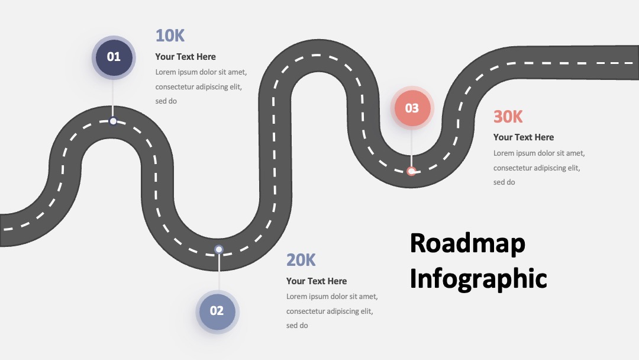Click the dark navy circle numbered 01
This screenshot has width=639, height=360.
114,57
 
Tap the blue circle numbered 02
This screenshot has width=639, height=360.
217,311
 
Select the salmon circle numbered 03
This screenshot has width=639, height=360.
412,108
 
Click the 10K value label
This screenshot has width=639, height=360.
170,36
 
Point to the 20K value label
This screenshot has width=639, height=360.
301,260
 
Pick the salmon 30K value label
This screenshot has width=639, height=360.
508,117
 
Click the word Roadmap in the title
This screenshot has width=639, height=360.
467,243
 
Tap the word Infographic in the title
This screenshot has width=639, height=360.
478,279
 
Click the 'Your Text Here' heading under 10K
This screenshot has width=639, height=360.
185,57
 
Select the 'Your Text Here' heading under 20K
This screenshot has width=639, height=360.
316,281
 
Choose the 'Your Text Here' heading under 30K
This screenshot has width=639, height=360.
523,137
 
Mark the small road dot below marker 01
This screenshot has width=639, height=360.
113,121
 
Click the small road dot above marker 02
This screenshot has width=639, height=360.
219,249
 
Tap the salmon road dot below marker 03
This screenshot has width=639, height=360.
411,171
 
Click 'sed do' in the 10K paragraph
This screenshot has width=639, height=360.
166,101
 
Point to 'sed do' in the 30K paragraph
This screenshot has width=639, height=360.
504,182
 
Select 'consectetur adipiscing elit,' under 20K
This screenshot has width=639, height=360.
330,311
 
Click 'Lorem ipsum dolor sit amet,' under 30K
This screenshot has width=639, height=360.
539,153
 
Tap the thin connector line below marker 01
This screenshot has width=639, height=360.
113,98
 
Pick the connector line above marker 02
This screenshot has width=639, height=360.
219,272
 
